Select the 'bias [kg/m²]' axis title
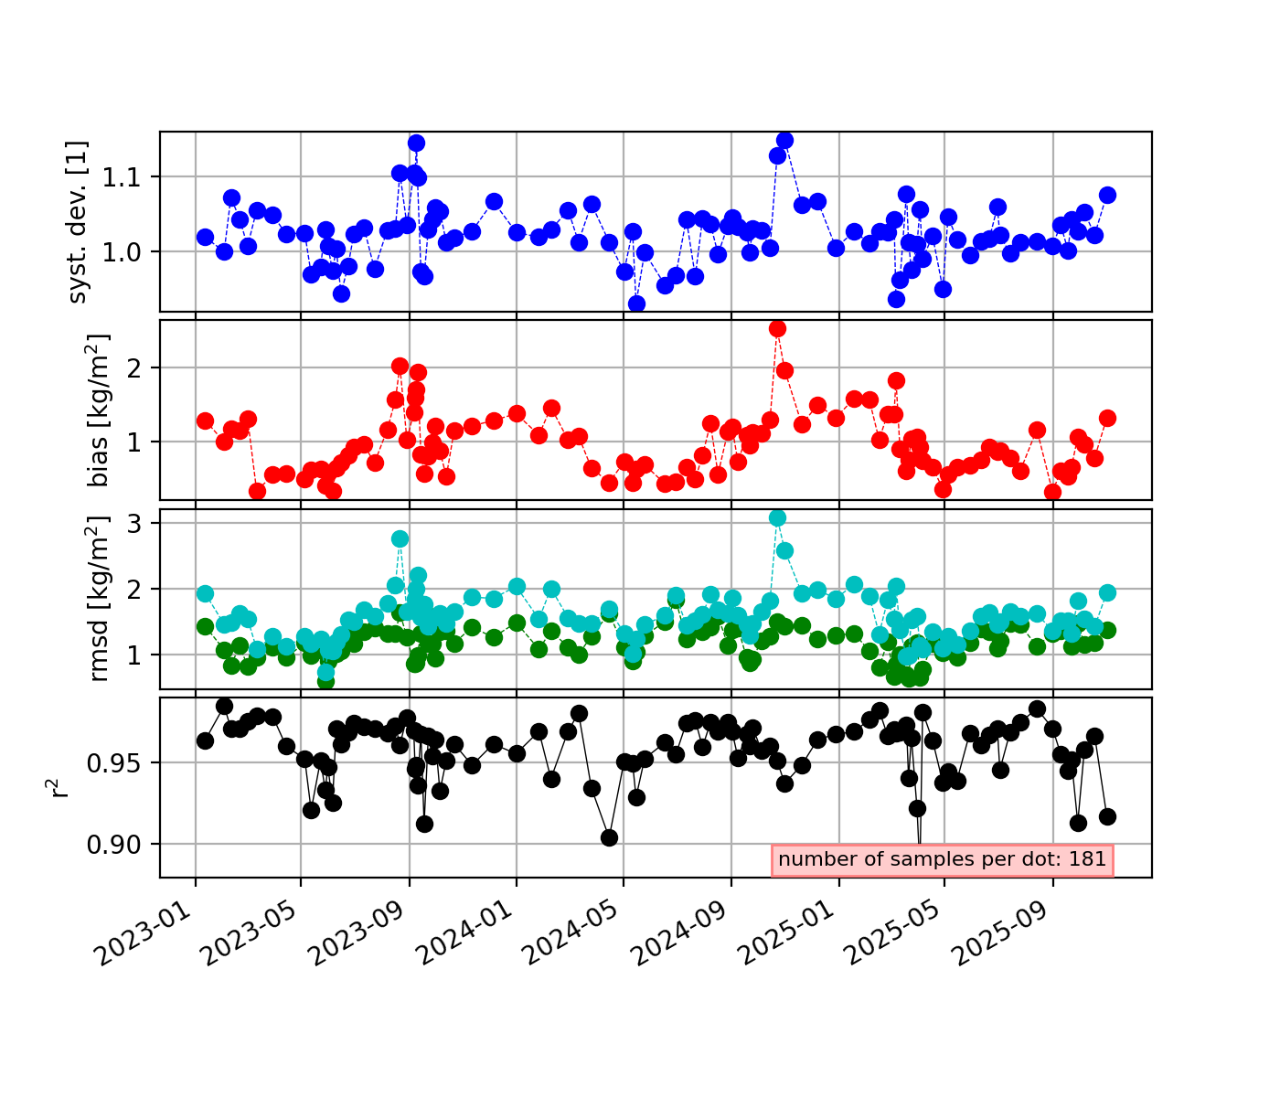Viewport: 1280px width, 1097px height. coord(99,410)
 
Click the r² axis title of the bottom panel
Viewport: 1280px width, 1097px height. coord(60,787)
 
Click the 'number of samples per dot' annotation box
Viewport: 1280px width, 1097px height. coord(943,859)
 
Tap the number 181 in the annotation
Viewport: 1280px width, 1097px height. coord(1088,859)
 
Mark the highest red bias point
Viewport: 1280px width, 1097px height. coord(778,328)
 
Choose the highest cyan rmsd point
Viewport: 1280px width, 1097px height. coord(778,517)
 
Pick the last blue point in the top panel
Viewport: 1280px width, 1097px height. coord(1107,195)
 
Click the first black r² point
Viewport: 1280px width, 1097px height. coord(205,740)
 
